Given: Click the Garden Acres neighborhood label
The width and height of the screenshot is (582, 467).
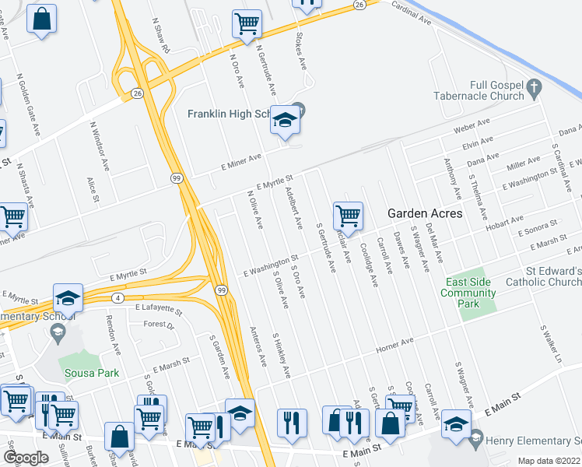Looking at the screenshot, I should (x=425, y=213).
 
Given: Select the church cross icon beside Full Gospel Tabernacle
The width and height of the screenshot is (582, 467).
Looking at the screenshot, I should (x=534, y=91).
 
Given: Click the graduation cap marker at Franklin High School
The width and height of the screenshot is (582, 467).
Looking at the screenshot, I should (x=285, y=121).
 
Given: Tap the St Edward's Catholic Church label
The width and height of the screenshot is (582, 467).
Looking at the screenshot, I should (x=542, y=276).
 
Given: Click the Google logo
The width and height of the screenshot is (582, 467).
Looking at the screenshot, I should (x=26, y=458).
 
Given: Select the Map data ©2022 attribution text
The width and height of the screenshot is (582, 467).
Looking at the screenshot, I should (x=548, y=461).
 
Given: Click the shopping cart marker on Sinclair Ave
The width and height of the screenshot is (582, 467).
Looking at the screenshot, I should (x=347, y=215).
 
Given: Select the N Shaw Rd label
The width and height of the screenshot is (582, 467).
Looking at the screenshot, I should (x=162, y=37).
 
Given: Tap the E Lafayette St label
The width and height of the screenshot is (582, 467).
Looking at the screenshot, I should (x=157, y=309).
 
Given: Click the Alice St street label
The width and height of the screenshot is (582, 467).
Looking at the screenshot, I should (x=93, y=188).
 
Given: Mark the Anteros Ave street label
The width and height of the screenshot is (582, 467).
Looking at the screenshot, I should (x=258, y=346).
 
